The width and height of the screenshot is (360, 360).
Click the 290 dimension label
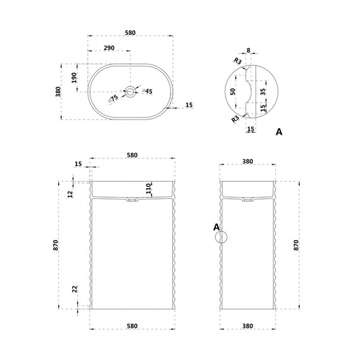109,48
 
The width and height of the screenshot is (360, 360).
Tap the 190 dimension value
74,78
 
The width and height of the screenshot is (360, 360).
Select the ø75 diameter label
113,99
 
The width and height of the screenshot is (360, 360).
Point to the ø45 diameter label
147,91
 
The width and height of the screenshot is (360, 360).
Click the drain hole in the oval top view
131,92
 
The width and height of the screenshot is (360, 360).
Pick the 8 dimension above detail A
248,51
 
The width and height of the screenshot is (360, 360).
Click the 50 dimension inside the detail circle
233,92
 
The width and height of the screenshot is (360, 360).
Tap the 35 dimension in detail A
263,92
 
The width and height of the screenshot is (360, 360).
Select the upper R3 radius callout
238,61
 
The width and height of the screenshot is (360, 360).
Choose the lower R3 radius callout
236,119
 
